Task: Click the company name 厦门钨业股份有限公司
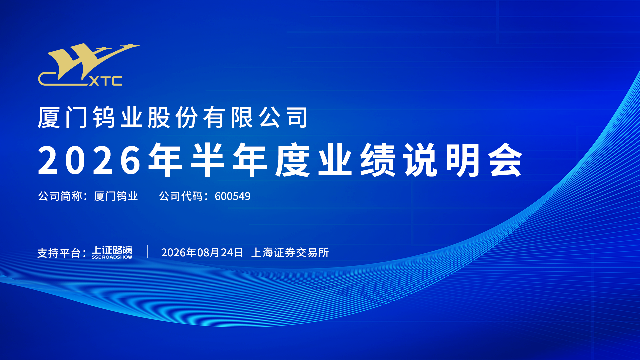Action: [x=173, y=117]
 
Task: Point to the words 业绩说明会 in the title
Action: [x=421, y=160]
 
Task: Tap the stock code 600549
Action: [x=233, y=196]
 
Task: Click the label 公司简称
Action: [x=60, y=196]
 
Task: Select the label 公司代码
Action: [x=181, y=196]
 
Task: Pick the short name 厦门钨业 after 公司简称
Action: [x=116, y=196]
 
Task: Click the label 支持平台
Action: [x=59, y=253]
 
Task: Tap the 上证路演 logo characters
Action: [x=112, y=250]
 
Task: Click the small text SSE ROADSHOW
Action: [x=112, y=257]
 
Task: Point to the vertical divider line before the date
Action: [x=147, y=252]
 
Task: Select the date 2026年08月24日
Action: [x=202, y=253]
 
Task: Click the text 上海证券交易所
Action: [x=290, y=253]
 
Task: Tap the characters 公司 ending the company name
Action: [x=283, y=117]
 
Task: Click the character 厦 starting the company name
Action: [x=49, y=117]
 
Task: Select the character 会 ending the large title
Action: [x=506, y=160]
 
